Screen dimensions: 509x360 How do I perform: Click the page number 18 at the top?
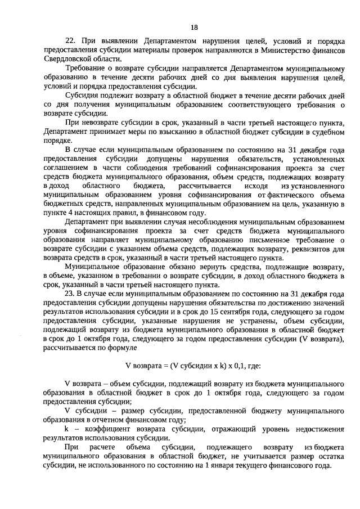(x=194, y=27)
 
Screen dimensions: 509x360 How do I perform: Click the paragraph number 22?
(x=70, y=41)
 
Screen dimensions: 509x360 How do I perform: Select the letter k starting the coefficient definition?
(x=67, y=429)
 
